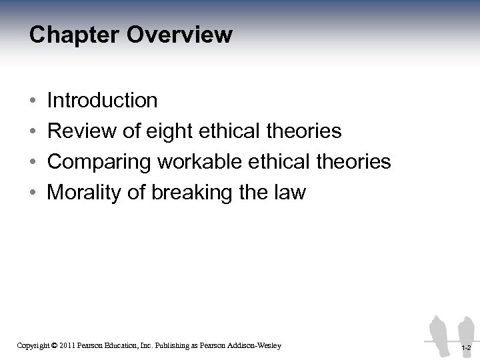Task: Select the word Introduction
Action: coord(103,101)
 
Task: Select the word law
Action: coord(290,193)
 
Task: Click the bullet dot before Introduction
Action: coord(33,101)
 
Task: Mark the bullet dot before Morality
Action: coord(33,193)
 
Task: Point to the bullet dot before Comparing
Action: coord(33,163)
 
